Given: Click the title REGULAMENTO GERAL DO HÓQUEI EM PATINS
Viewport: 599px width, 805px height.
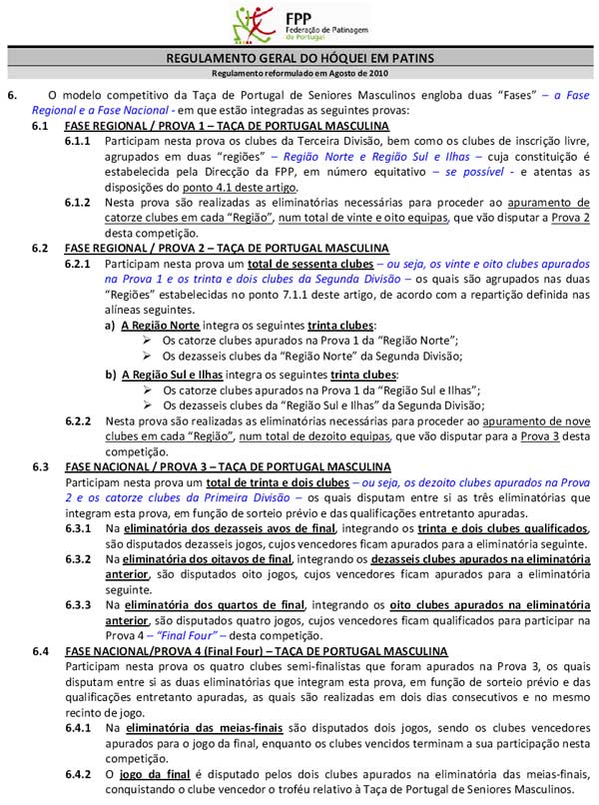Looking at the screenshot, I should [299, 58].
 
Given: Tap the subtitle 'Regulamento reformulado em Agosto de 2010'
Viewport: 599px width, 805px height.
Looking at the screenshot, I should [299, 74].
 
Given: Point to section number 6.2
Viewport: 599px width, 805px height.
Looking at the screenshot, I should [41, 247].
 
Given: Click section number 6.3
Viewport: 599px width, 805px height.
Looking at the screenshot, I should [41, 466].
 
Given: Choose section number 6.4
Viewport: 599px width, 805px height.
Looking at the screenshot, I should [41, 651].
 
